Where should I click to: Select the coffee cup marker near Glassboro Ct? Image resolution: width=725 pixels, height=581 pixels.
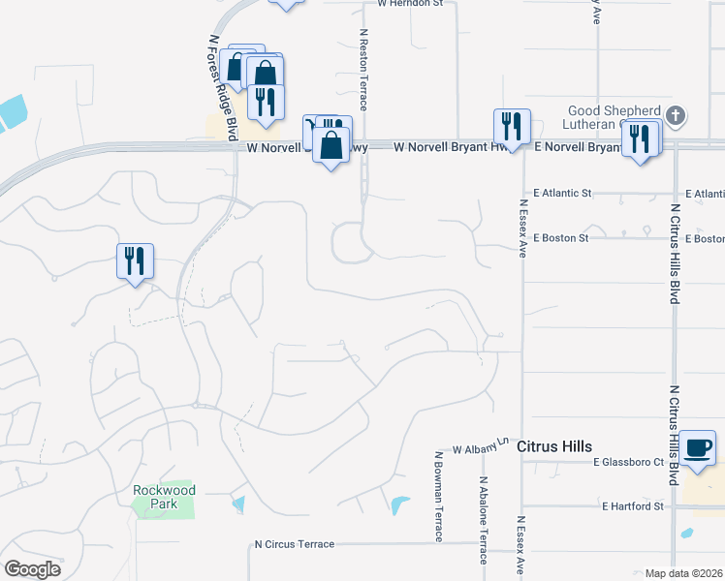point(697,447)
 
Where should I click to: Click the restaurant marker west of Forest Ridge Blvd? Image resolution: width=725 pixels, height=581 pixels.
point(136,261)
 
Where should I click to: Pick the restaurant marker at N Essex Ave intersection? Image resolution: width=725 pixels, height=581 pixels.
point(512,127)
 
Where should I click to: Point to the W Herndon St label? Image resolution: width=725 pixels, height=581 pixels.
point(410,4)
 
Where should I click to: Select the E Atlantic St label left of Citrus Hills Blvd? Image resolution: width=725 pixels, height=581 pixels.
point(556,194)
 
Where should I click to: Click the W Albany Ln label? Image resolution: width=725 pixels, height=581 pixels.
point(480,446)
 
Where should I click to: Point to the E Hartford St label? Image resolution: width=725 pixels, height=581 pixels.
point(631,506)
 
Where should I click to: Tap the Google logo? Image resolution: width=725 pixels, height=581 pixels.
point(32,568)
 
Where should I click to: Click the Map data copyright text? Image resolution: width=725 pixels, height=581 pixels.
point(683,573)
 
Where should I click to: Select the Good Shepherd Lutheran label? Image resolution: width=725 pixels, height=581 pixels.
point(613,117)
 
